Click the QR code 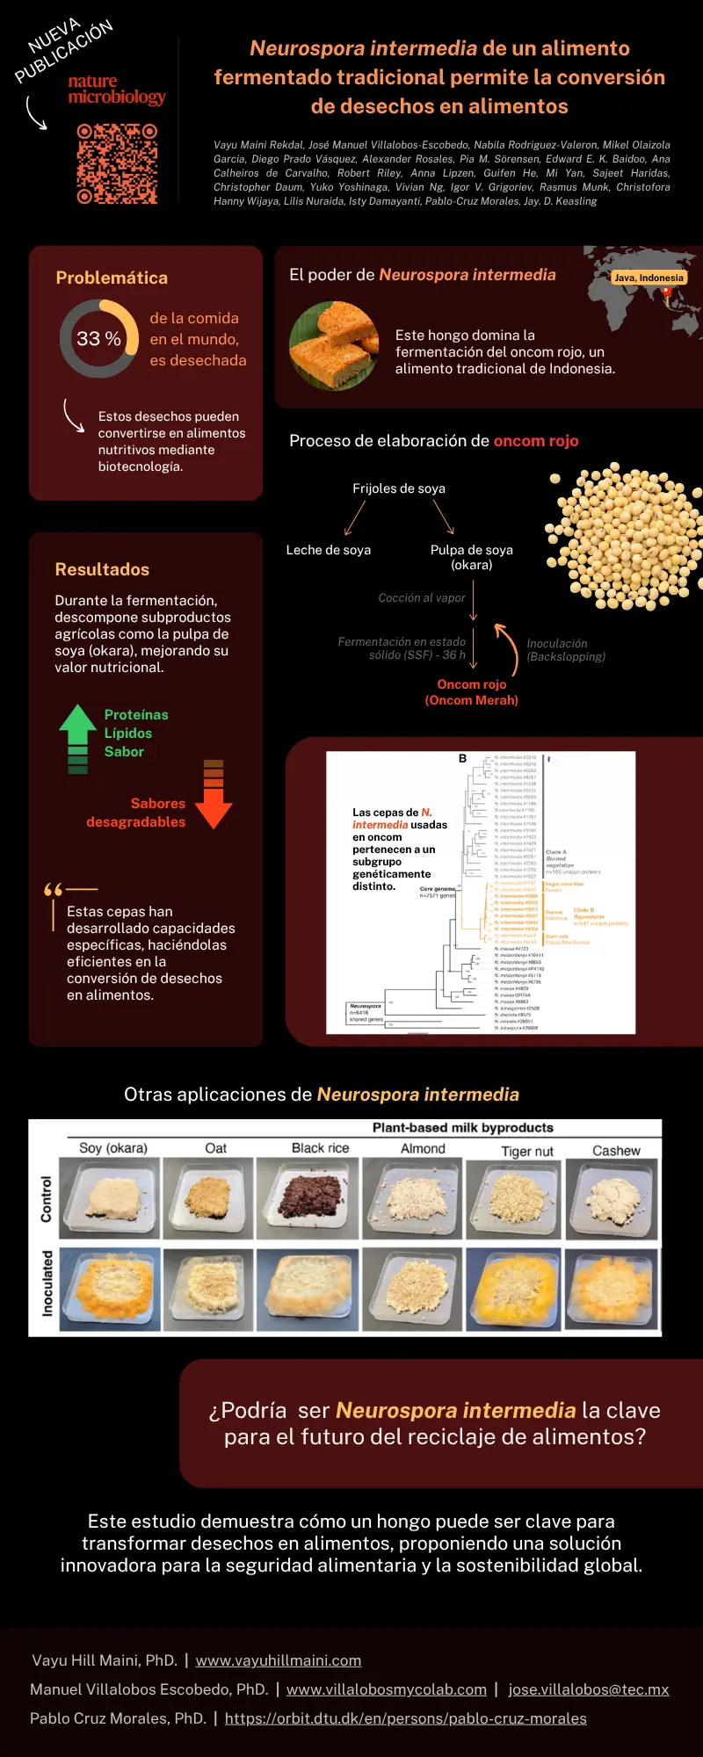pos(117,163)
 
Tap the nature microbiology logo pos(117,90)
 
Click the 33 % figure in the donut pos(98,338)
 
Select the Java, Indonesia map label pos(649,278)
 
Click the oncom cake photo pos(334,345)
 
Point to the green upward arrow pos(78,738)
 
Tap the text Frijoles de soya pos(399,488)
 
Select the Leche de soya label pos(329,550)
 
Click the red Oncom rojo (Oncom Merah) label pos(472,692)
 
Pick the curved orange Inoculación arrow pos(508,648)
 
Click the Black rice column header pos(320,1148)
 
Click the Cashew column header pos(616,1150)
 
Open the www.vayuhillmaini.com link pos(279,1660)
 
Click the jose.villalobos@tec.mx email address pos(589,1689)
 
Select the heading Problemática pos(112,278)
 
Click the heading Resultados pos(102,569)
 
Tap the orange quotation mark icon pos(54,890)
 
